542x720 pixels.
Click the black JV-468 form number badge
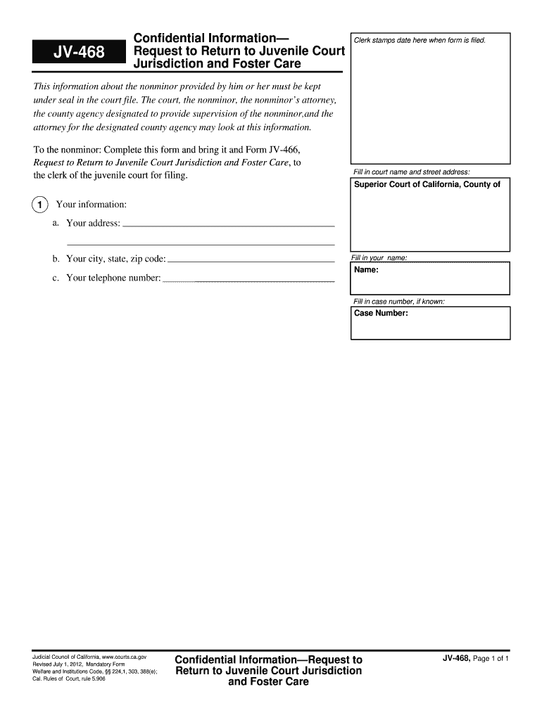[74, 53]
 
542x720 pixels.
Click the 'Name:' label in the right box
[367, 270]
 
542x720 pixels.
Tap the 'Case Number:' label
[381, 314]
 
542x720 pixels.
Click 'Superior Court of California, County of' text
[427, 185]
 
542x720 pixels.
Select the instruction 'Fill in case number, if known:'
[398, 302]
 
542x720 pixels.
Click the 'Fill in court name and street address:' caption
[411, 172]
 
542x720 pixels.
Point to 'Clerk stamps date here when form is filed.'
[420, 40]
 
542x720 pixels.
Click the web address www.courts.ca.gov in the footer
[124, 656]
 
